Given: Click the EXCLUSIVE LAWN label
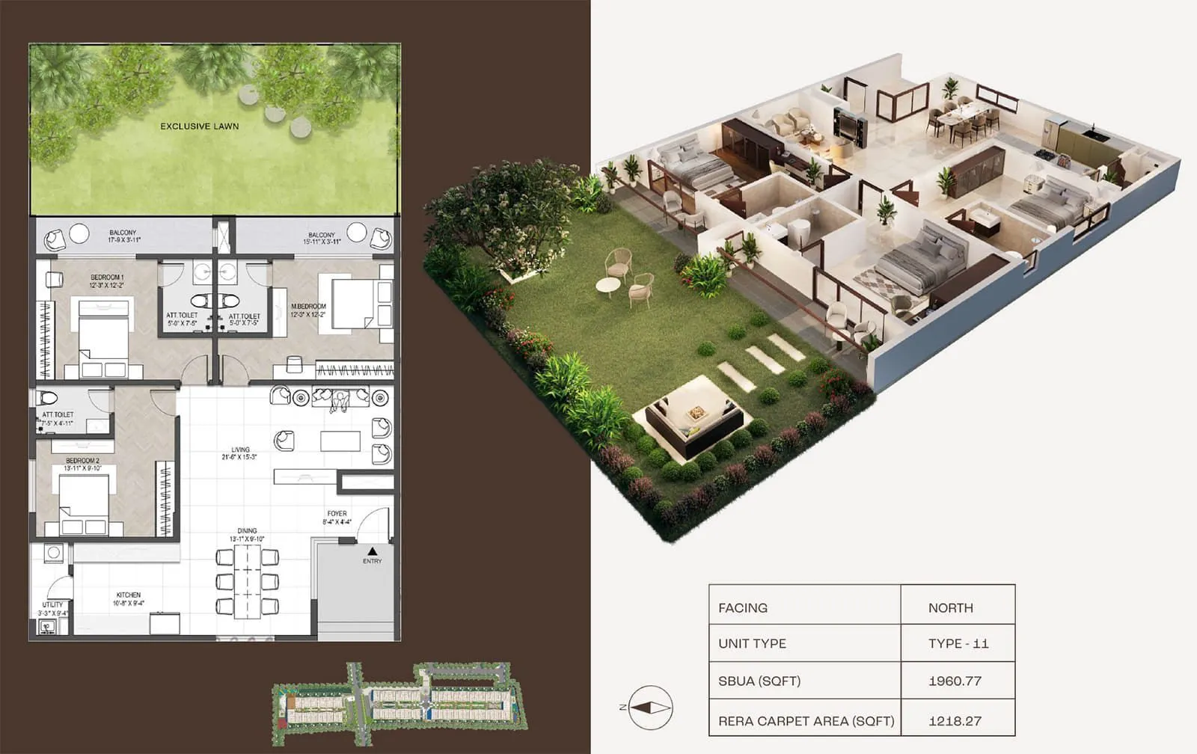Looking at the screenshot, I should pyautogui.click(x=200, y=126).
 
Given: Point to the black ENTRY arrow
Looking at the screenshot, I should pyautogui.click(x=372, y=551).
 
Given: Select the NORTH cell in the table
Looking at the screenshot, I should pyautogui.click(x=950, y=608).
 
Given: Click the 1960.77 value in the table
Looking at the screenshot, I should pyautogui.click(x=955, y=681).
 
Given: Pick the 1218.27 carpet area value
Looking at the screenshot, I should pyautogui.click(x=955, y=721).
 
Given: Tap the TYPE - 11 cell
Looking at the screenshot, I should pyautogui.click(x=958, y=643).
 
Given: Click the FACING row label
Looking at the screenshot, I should pyautogui.click(x=743, y=608).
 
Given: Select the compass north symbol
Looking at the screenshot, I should pyautogui.click(x=649, y=707).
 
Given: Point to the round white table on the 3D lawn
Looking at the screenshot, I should pyautogui.click(x=608, y=285).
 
